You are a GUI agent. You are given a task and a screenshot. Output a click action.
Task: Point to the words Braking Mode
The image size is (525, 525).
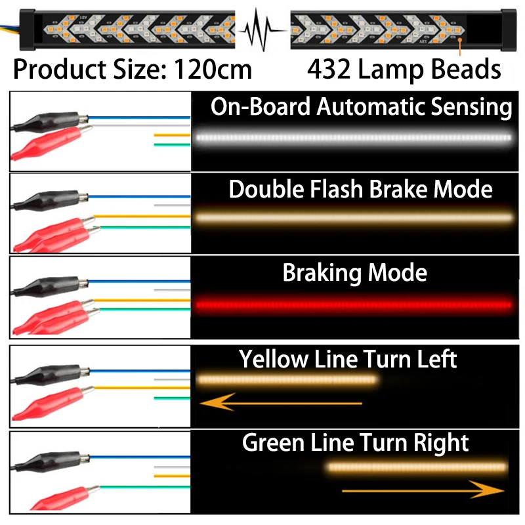point(354,272)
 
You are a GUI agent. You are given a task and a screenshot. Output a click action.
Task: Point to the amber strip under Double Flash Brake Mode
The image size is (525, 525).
point(354,216)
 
